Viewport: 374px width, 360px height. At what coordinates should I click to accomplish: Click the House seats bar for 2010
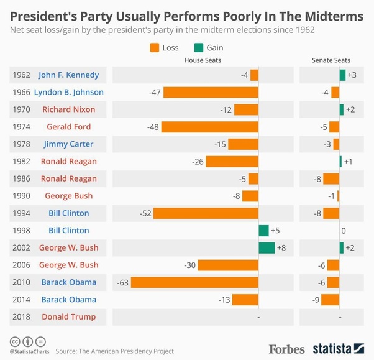[x=194, y=282]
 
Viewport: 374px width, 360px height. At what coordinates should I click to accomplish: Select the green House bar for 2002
[x=267, y=248]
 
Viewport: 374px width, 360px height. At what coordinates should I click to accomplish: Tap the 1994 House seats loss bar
[x=206, y=213]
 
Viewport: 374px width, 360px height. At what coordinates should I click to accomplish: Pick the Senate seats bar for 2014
[x=330, y=300]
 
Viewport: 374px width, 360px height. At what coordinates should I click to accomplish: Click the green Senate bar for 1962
[x=342, y=75]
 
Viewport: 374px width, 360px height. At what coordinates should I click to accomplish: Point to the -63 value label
[x=122, y=282]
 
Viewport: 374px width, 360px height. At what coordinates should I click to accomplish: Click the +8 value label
[x=281, y=248]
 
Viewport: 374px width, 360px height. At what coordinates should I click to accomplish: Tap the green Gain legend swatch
[x=198, y=47]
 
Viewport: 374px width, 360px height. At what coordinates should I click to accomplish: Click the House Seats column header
[x=203, y=60]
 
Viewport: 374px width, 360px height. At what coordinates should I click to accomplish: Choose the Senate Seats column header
[x=331, y=60]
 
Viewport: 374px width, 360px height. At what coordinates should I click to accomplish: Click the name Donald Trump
[x=68, y=317]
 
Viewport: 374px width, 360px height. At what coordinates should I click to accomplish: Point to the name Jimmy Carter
[x=68, y=144]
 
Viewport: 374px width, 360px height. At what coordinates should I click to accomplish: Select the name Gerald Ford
[x=68, y=127]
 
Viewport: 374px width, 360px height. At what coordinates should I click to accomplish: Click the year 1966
[x=21, y=93]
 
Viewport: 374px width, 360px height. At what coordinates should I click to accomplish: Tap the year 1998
[x=21, y=231]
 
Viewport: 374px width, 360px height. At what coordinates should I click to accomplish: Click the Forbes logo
[x=286, y=349]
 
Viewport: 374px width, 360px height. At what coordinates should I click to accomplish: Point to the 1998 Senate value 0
[x=343, y=231]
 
